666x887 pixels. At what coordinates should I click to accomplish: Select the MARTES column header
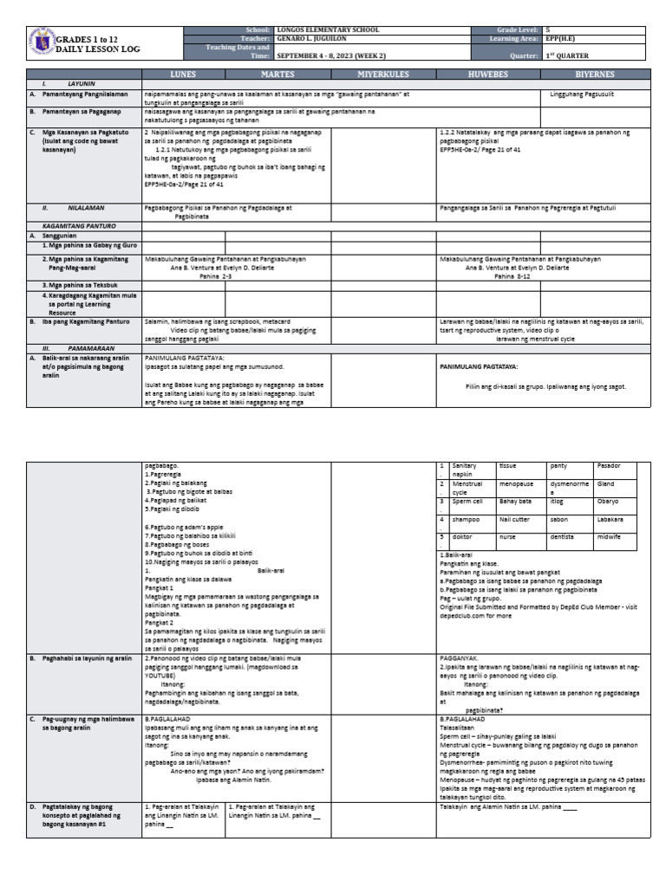coord(277,75)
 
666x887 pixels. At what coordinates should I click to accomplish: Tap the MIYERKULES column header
coord(382,75)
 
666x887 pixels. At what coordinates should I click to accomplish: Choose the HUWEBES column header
coord(490,75)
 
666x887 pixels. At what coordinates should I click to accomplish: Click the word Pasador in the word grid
coord(610,466)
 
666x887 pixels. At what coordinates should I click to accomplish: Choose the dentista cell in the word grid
coord(563,537)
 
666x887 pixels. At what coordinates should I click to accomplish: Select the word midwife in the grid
coord(610,537)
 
